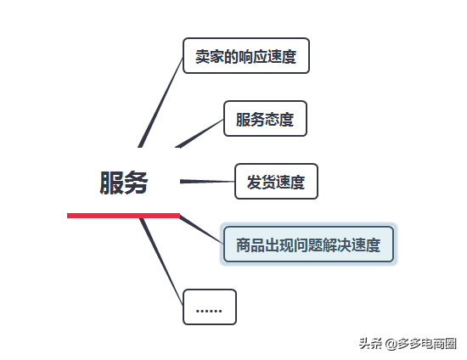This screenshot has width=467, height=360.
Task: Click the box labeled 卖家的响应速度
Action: (x=246, y=56)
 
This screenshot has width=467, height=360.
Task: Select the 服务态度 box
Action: (x=265, y=119)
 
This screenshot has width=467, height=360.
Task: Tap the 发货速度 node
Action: (x=276, y=182)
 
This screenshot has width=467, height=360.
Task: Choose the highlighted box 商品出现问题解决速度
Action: (x=308, y=245)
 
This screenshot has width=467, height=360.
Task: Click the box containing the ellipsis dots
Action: (x=210, y=307)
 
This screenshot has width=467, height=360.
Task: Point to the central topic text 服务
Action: (x=124, y=183)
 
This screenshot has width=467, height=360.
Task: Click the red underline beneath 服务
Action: (x=124, y=216)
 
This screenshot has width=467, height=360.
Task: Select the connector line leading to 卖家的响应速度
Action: (x=160, y=102)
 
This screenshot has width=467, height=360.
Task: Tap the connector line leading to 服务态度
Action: (x=200, y=133)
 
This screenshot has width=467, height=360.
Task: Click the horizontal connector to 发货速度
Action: (x=207, y=182)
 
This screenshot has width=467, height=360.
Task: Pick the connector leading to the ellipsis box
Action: (x=161, y=262)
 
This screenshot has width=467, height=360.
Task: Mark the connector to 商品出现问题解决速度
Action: (x=201, y=229)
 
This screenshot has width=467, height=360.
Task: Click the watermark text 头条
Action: (x=370, y=344)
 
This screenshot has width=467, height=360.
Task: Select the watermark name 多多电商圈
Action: (x=427, y=344)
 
